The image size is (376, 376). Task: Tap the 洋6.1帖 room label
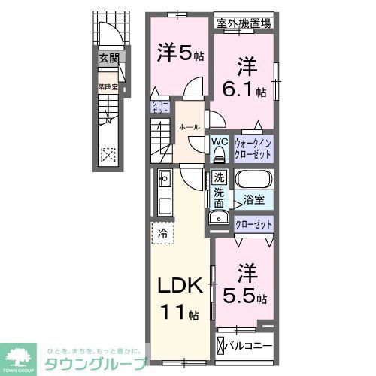click(x=247, y=78)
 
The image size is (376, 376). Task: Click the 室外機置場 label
click(x=244, y=23)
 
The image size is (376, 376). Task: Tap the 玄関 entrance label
click(x=108, y=57)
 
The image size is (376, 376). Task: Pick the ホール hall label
click(x=189, y=127)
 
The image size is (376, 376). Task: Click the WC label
click(x=219, y=141)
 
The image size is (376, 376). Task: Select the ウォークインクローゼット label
click(x=253, y=146)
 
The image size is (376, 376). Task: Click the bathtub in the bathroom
click(x=253, y=181)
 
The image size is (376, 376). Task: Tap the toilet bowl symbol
click(x=219, y=155)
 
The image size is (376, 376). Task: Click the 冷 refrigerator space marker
click(x=163, y=234)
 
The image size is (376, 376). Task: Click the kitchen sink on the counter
click(x=165, y=180)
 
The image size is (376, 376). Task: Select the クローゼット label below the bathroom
click(x=253, y=223)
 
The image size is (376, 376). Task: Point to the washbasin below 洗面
click(x=218, y=217)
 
